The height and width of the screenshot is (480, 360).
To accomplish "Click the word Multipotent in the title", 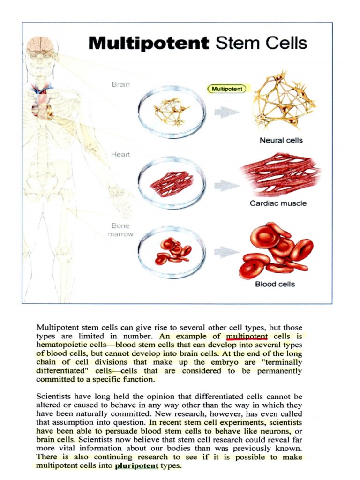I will (149, 44).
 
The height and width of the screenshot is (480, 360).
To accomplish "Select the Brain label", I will (121, 85).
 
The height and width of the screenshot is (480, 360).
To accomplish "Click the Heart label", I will (120, 154).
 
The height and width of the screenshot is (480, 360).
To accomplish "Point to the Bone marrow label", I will (120, 230).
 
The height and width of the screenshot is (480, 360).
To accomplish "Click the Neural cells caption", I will (281, 140).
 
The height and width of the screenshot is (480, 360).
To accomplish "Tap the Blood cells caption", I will (275, 284).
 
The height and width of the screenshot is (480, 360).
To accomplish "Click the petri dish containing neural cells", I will (172, 112).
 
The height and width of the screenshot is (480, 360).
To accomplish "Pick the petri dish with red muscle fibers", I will (172, 183).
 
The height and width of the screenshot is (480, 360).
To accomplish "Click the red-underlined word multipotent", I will (247, 336).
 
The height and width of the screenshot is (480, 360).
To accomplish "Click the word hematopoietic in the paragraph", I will (60, 345).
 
